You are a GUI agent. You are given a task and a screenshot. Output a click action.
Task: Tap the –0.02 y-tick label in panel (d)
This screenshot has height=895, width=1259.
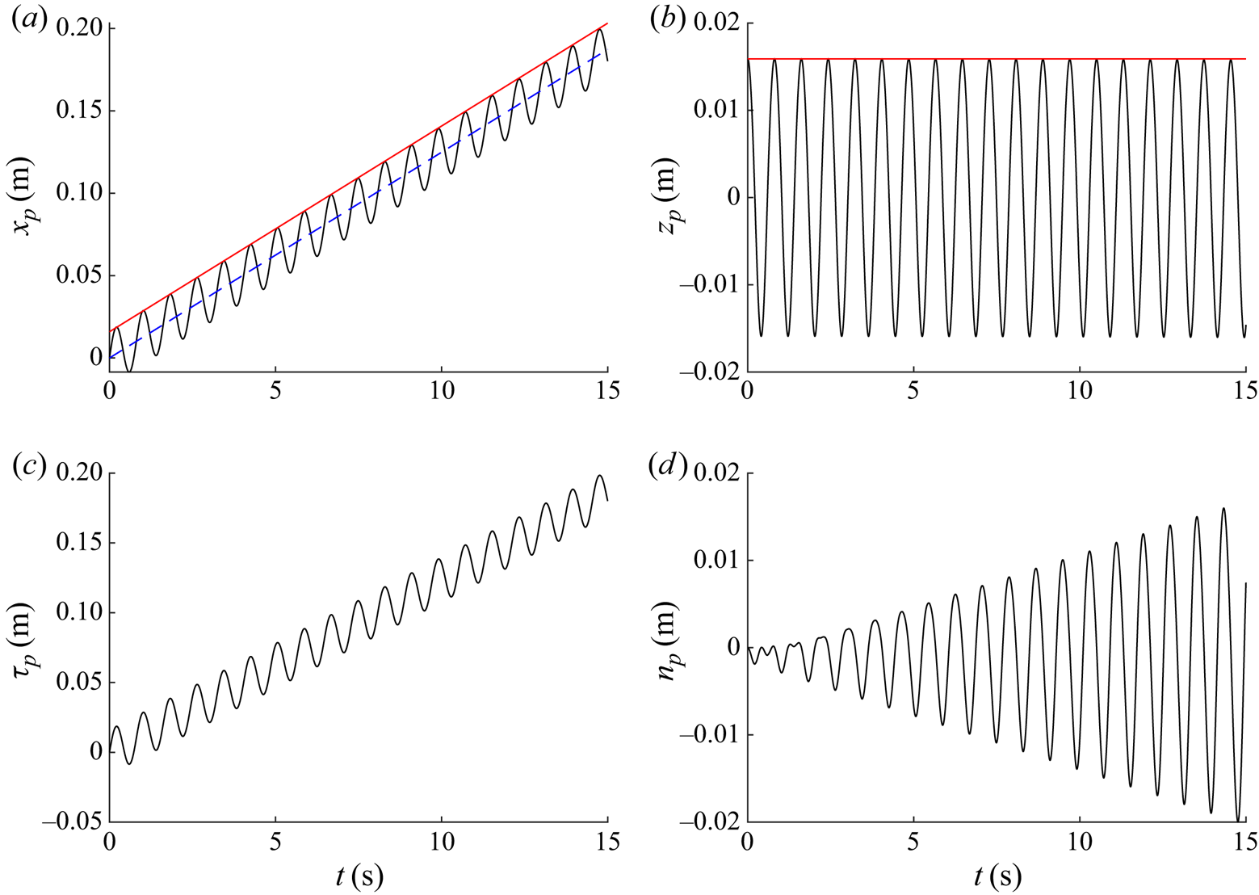pos(710,822)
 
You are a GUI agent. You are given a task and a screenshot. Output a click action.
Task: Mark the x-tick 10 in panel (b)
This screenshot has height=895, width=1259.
pos(1080,391)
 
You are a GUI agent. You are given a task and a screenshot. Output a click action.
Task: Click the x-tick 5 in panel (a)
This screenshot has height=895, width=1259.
pos(275,391)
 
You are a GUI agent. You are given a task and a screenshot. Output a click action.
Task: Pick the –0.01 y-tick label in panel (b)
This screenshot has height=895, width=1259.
pos(710,285)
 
